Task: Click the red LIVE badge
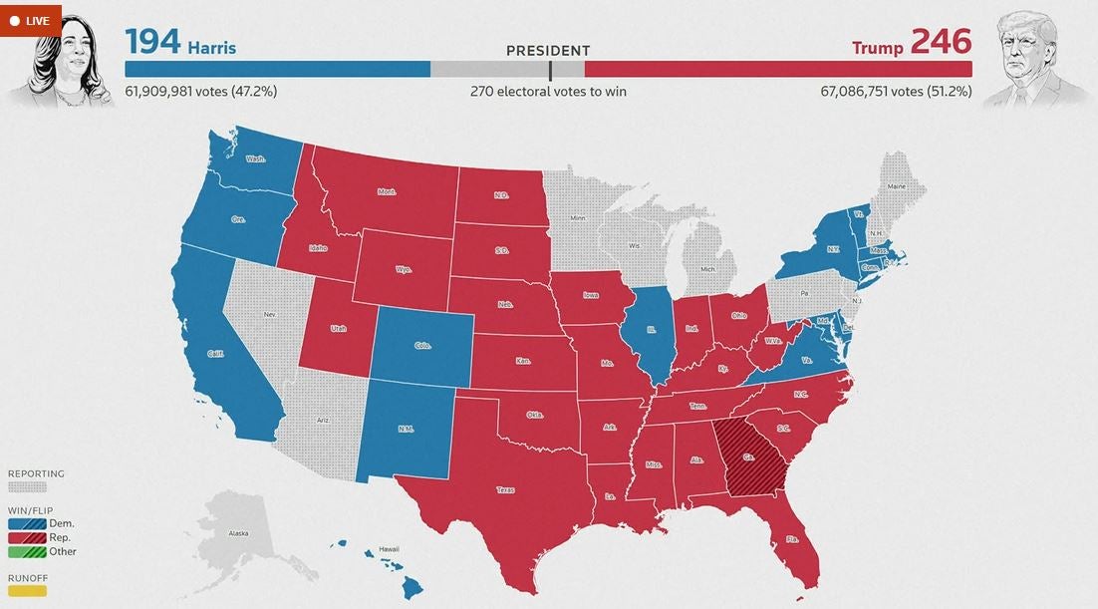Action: point(30,20)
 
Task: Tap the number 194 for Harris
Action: point(152,43)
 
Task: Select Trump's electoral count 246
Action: point(941,43)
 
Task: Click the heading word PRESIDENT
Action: point(548,51)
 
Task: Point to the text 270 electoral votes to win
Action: point(548,92)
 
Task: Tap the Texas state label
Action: point(506,489)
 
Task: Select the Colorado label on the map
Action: point(422,346)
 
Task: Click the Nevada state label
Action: point(269,315)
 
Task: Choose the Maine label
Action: point(897,186)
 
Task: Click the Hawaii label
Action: point(388,550)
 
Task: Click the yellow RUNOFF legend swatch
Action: point(27,591)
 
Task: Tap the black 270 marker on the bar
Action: point(550,70)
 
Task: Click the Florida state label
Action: point(792,538)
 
